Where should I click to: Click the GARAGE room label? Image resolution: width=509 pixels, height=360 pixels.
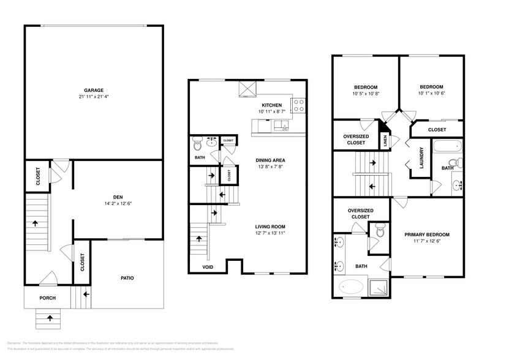point(93,89)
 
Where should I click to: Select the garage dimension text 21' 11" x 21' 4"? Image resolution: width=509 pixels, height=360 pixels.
point(93,97)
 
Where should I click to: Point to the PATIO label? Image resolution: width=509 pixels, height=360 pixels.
point(126,278)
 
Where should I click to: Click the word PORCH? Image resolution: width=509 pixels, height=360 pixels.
point(48,298)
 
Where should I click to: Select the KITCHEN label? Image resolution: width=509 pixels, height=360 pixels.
point(271,105)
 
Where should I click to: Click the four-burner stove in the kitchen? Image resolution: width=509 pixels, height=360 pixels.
point(298,105)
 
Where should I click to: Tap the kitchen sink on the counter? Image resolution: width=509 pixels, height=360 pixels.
point(281,126)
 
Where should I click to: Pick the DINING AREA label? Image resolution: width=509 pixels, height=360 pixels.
point(270,160)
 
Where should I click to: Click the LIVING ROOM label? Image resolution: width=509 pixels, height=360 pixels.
point(270,227)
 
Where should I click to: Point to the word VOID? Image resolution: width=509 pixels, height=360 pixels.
point(208,267)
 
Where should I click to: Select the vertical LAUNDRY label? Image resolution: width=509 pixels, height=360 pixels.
point(421,158)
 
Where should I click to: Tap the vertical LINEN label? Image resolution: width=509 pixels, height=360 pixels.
point(385,141)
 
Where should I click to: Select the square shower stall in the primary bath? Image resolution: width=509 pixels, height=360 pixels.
point(380,286)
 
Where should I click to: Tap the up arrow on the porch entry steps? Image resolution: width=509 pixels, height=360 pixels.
point(49,318)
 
